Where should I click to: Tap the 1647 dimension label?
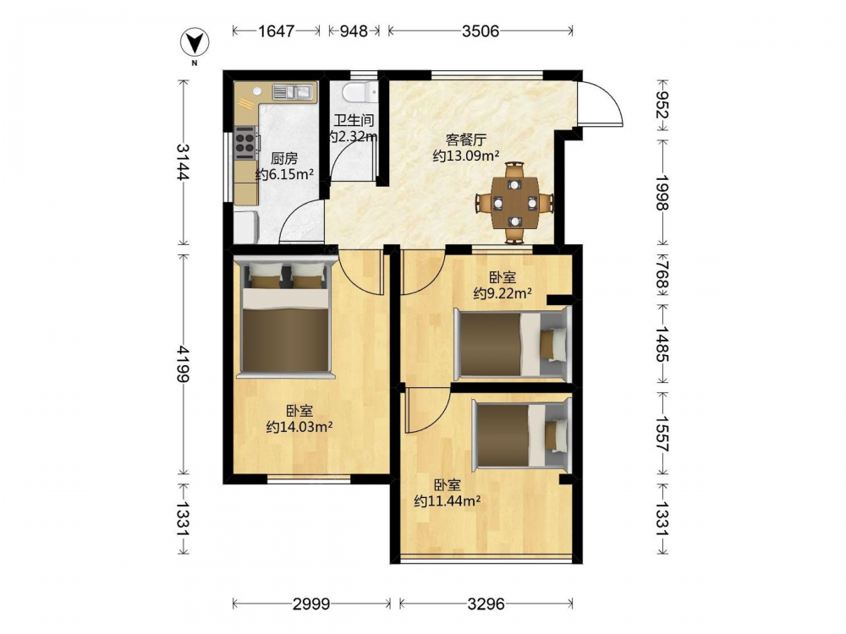pos(277,31)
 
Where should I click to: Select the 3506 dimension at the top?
pos(481,31)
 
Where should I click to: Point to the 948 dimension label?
pos(354,31)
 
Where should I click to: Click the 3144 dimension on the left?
pos(184,162)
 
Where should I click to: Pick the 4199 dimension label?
pos(184,363)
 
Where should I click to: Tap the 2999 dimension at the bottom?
pos(311,604)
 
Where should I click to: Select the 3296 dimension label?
pos(486,604)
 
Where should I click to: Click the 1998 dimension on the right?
pos(662,193)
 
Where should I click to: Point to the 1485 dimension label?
pos(662,343)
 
